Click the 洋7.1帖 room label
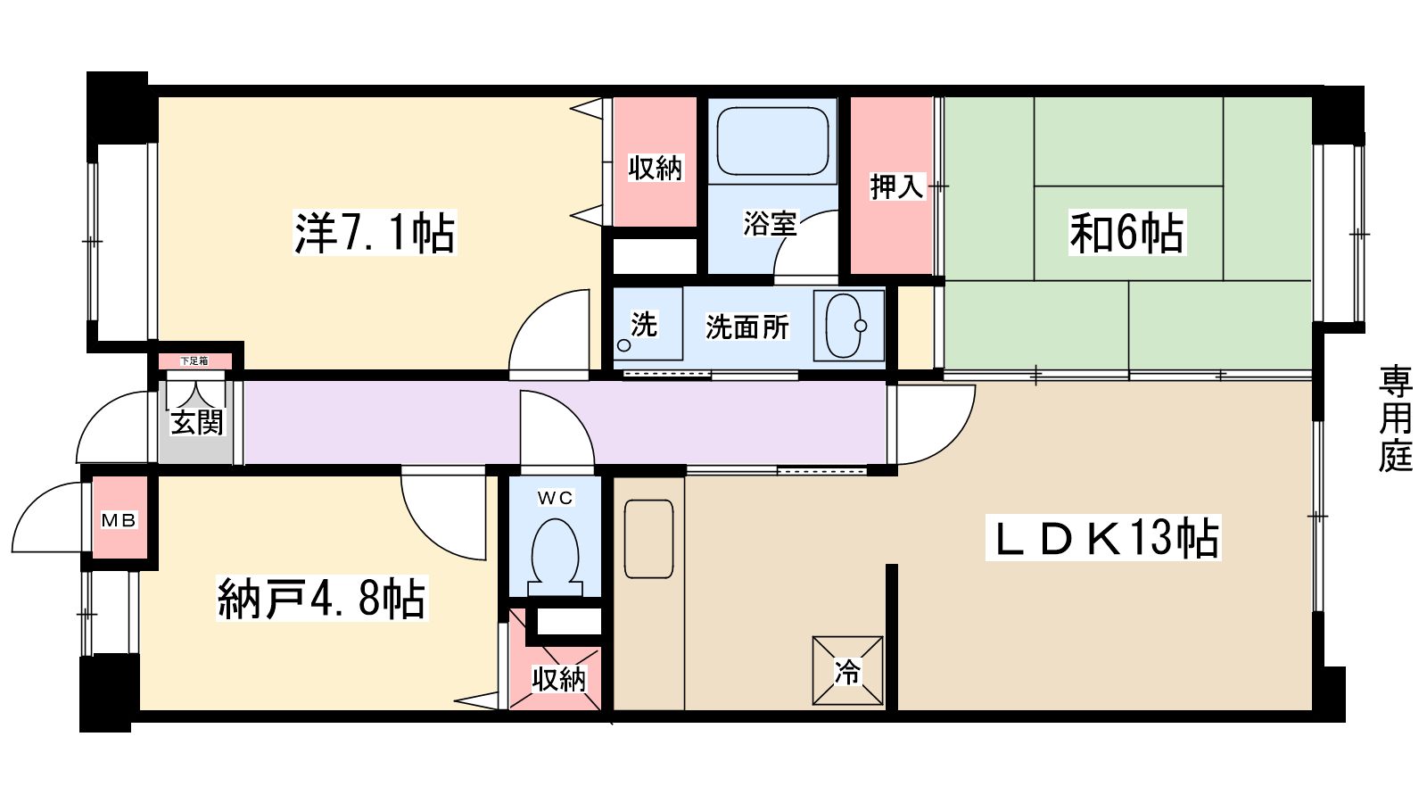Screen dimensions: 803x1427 click(375, 233)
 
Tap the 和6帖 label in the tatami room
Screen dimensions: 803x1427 click(1127, 233)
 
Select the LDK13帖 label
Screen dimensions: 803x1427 click(1104, 538)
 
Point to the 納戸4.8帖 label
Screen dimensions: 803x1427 click(321, 599)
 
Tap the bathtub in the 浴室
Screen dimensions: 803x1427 click(772, 142)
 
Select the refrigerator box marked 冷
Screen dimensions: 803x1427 click(847, 670)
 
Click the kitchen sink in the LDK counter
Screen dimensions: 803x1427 click(648, 539)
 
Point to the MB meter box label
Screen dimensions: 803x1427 click(119, 520)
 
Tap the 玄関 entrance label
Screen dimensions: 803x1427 click(197, 421)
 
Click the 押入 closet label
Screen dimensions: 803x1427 click(896, 186)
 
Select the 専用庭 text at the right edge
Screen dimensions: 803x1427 click(1395, 418)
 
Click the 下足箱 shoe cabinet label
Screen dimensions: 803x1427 click(194, 361)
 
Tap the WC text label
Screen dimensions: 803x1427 click(555, 498)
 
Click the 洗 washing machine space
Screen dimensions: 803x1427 click(644, 324)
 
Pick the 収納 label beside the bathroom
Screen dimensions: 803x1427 click(655, 167)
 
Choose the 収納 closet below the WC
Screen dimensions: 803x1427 click(558, 679)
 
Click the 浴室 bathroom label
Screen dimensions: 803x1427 click(770, 223)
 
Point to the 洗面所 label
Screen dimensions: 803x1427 click(747, 327)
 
